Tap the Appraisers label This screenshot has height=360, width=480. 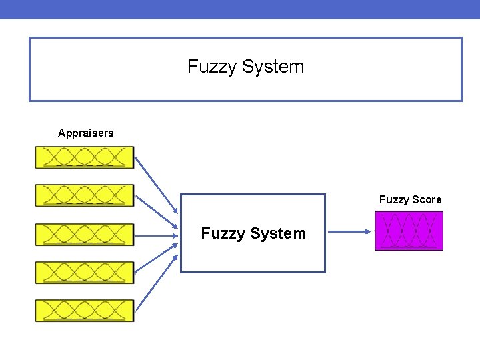(x=85, y=133)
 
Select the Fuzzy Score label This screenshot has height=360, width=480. (x=410, y=200)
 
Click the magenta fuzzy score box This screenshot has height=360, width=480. (x=409, y=231)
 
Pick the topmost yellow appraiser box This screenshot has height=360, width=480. (x=84, y=157)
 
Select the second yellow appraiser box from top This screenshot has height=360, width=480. (x=84, y=195)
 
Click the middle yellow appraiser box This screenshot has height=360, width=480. (x=84, y=235)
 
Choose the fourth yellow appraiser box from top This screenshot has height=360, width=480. (x=84, y=272)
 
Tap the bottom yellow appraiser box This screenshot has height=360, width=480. (x=84, y=311)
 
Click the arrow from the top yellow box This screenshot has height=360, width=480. (x=157, y=191)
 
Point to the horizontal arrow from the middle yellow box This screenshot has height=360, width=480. (x=157, y=235)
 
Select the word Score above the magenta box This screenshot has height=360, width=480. (x=427, y=200)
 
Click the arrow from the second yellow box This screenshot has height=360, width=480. (x=157, y=213)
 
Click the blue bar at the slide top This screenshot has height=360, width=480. (x=240, y=9)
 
